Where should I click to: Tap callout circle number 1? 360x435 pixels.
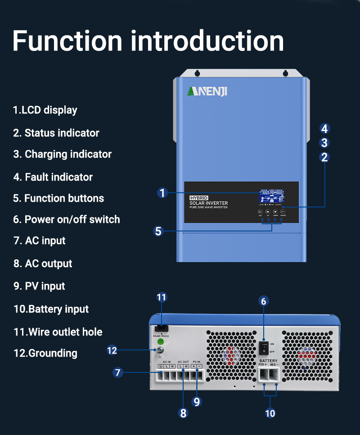point(163,193)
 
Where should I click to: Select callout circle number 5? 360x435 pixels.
point(158,231)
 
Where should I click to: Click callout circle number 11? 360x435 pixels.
point(162,297)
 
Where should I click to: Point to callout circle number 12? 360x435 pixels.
point(112,350)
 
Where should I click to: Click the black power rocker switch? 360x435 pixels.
point(265,347)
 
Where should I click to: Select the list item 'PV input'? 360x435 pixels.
point(39,286)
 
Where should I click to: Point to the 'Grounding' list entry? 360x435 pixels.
point(45,353)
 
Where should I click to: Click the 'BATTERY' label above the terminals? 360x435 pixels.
point(268,361)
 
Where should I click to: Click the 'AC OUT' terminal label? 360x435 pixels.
point(183,362)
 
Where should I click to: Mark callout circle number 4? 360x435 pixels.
point(325,129)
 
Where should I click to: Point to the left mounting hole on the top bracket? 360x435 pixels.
point(197,73)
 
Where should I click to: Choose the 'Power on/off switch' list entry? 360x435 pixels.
point(67,220)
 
